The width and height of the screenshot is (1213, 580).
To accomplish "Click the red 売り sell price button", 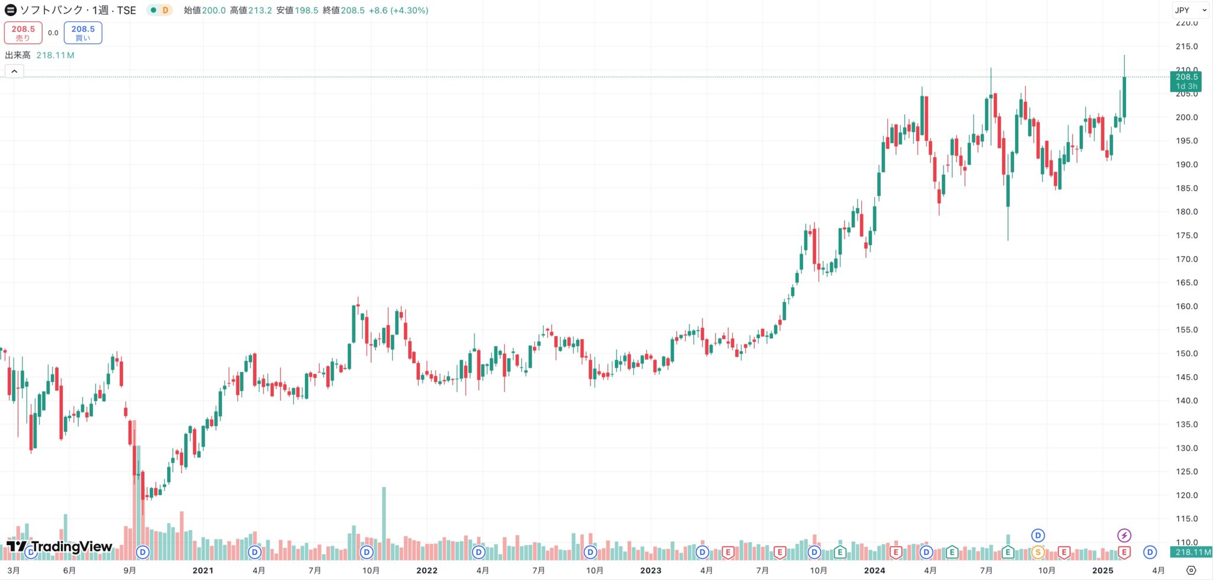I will [x=23, y=33].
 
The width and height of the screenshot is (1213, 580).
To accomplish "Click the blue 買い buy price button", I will [x=83, y=33].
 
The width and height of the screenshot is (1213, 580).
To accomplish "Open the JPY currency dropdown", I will [x=1191, y=10].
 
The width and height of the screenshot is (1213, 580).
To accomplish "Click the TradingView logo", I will [x=59, y=546].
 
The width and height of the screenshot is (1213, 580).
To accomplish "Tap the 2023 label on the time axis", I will [x=650, y=571].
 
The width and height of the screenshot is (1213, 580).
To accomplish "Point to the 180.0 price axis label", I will [x=1186, y=212].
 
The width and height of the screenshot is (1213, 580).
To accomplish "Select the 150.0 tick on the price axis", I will [x=1186, y=353].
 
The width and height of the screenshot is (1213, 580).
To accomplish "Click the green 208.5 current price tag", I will [x=1186, y=81].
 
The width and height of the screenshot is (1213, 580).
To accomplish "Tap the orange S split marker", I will [x=1038, y=553].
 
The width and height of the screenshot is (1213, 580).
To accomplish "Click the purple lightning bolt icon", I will [x=1124, y=536].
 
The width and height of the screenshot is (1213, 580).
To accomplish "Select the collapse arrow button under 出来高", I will [x=14, y=72].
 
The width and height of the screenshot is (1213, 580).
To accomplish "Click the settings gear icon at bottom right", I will [x=1191, y=571].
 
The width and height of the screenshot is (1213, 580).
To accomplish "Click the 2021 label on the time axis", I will [x=203, y=571].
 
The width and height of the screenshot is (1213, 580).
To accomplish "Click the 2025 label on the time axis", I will [x=1102, y=571].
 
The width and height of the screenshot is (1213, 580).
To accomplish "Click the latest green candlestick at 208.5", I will [x=1124, y=97].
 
